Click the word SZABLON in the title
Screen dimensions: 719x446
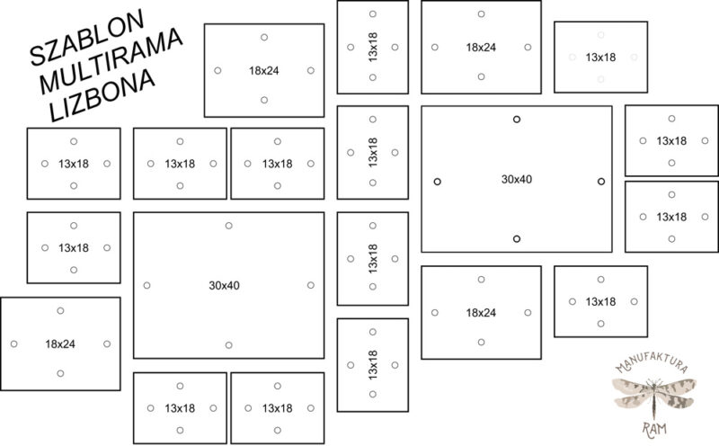coord(86,37)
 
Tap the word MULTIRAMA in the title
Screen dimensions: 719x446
coord(111,60)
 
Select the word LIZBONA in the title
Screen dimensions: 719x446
coord(102,95)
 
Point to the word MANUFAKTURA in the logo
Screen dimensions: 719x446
coord(652,362)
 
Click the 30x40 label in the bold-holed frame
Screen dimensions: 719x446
coord(516,179)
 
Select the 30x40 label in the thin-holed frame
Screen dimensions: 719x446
coord(224,285)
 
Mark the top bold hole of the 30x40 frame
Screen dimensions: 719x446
coord(517,120)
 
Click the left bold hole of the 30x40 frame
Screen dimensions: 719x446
coord(438,182)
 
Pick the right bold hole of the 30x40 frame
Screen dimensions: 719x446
coord(601,182)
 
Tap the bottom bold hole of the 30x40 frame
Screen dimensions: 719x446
coord(517,239)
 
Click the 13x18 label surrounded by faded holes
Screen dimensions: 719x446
coord(600,58)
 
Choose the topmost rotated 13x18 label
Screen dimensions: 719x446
coord(373,48)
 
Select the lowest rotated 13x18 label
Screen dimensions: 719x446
coord(373,365)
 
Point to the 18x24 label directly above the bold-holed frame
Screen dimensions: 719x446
coord(481,48)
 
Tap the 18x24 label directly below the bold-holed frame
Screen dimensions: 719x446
coord(481,313)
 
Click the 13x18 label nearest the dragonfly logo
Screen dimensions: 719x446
coord(600,301)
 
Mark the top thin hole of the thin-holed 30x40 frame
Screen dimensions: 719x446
coord(229,226)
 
